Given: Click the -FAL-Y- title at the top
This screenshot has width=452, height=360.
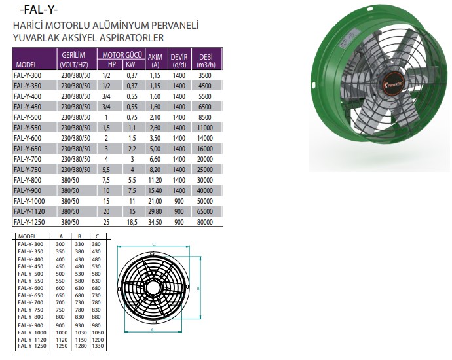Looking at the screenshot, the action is pyautogui.click(x=39, y=10).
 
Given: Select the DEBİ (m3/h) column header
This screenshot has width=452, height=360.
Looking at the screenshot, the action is pyautogui.click(x=206, y=61).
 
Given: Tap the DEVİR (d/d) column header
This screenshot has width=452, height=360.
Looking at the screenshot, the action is pyautogui.click(x=179, y=61).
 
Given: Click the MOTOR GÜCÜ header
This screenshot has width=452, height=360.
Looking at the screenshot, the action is pyautogui.click(x=122, y=55).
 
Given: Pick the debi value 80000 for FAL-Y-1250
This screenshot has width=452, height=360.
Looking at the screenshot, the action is pyautogui.click(x=204, y=222).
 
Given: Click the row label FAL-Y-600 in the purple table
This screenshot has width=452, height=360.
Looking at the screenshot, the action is pyautogui.click(x=28, y=138).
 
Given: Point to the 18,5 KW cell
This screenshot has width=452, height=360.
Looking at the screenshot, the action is pyautogui.click(x=132, y=222).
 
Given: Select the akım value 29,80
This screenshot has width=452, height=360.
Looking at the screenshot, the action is pyautogui.click(x=155, y=211).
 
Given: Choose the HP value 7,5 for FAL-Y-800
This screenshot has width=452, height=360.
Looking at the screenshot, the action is pyautogui.click(x=106, y=180).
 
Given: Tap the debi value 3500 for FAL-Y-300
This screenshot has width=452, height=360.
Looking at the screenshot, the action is pyautogui.click(x=204, y=75).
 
